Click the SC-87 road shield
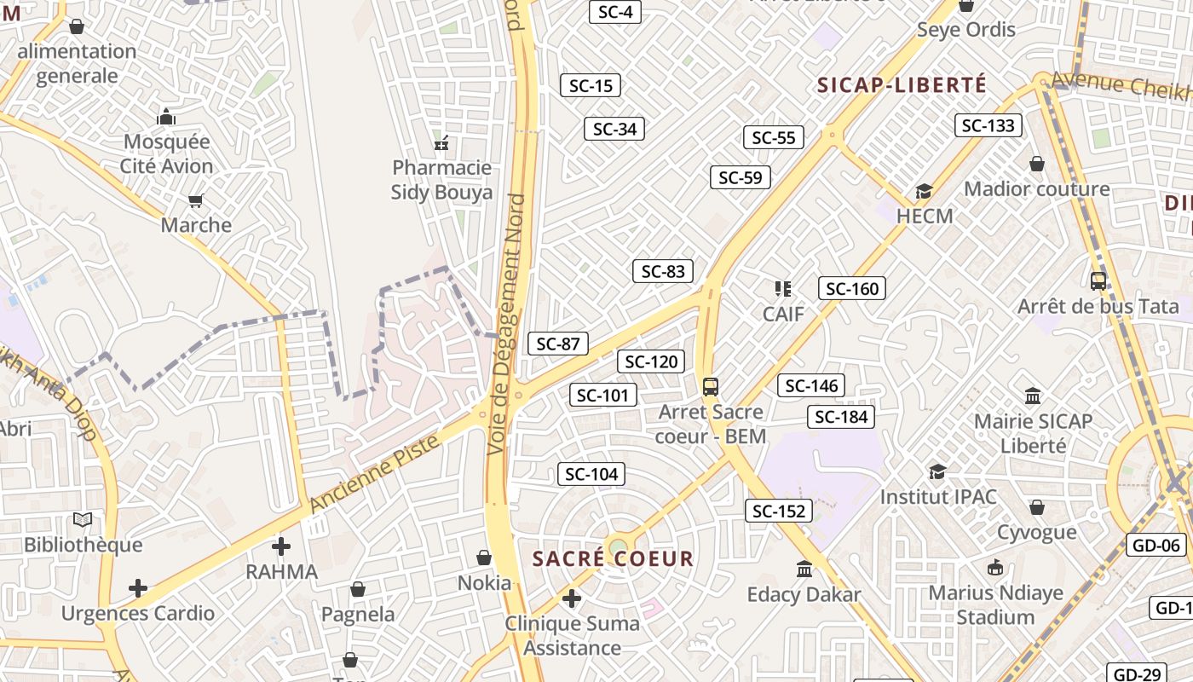click(558, 344)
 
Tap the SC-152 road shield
click(776, 511)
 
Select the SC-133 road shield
click(988, 125)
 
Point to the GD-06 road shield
click(1156, 546)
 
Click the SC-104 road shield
click(591, 474)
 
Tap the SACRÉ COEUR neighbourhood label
click(613, 559)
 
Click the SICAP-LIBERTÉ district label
click(902, 85)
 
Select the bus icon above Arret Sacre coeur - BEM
click(711, 387)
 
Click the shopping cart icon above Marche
click(196, 201)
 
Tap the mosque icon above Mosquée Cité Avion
click(166, 117)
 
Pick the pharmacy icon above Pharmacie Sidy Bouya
click(441, 142)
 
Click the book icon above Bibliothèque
click(83, 519)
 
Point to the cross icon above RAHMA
click(281, 546)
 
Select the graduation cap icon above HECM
click(925, 191)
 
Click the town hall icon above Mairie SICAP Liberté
click(1033, 396)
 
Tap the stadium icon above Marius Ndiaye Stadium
click(995, 568)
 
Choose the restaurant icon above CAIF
click(782, 289)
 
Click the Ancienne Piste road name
click(374, 474)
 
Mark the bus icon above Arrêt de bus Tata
click(1098, 280)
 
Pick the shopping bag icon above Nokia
click(484, 558)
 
